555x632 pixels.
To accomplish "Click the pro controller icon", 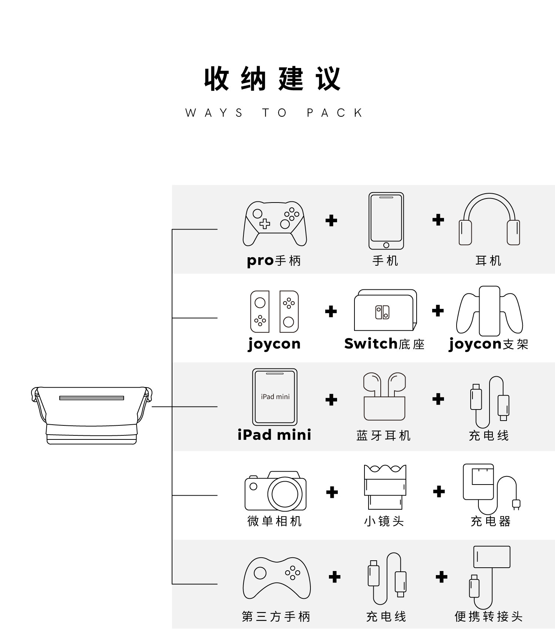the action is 275,224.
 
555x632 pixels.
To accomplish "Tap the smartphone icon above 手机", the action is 386,221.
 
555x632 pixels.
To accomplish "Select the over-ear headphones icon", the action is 489,219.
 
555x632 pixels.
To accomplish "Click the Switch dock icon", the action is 386,310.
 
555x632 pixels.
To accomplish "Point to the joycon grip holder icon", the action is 489,311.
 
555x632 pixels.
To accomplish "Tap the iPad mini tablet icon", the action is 275,397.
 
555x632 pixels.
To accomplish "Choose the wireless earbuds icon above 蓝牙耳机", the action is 384,396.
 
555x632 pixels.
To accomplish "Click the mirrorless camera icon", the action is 276,491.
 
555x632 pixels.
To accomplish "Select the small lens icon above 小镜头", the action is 385,487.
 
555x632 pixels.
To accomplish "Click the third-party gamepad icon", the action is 277,578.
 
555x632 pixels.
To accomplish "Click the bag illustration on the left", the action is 92,415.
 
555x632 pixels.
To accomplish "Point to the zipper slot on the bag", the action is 92,398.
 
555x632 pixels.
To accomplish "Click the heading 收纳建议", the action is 272,79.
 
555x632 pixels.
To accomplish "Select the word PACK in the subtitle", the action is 335,113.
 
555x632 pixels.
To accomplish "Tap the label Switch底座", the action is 384,344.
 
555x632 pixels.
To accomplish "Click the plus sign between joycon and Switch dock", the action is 331,311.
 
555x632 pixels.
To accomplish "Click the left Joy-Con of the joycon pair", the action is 260,312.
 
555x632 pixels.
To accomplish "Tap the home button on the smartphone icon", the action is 386,245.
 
